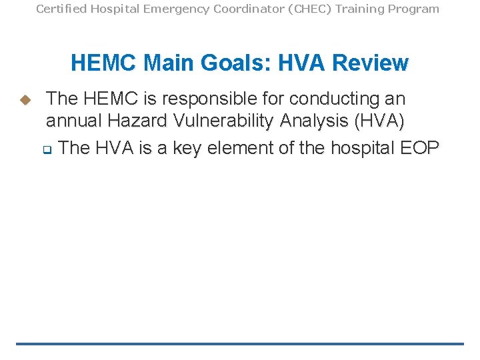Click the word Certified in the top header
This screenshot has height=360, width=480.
point(59,9)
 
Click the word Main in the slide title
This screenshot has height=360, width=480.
point(169,63)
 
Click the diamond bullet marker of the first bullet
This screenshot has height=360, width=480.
point(25,100)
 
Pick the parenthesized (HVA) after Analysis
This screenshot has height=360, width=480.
point(380,121)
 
